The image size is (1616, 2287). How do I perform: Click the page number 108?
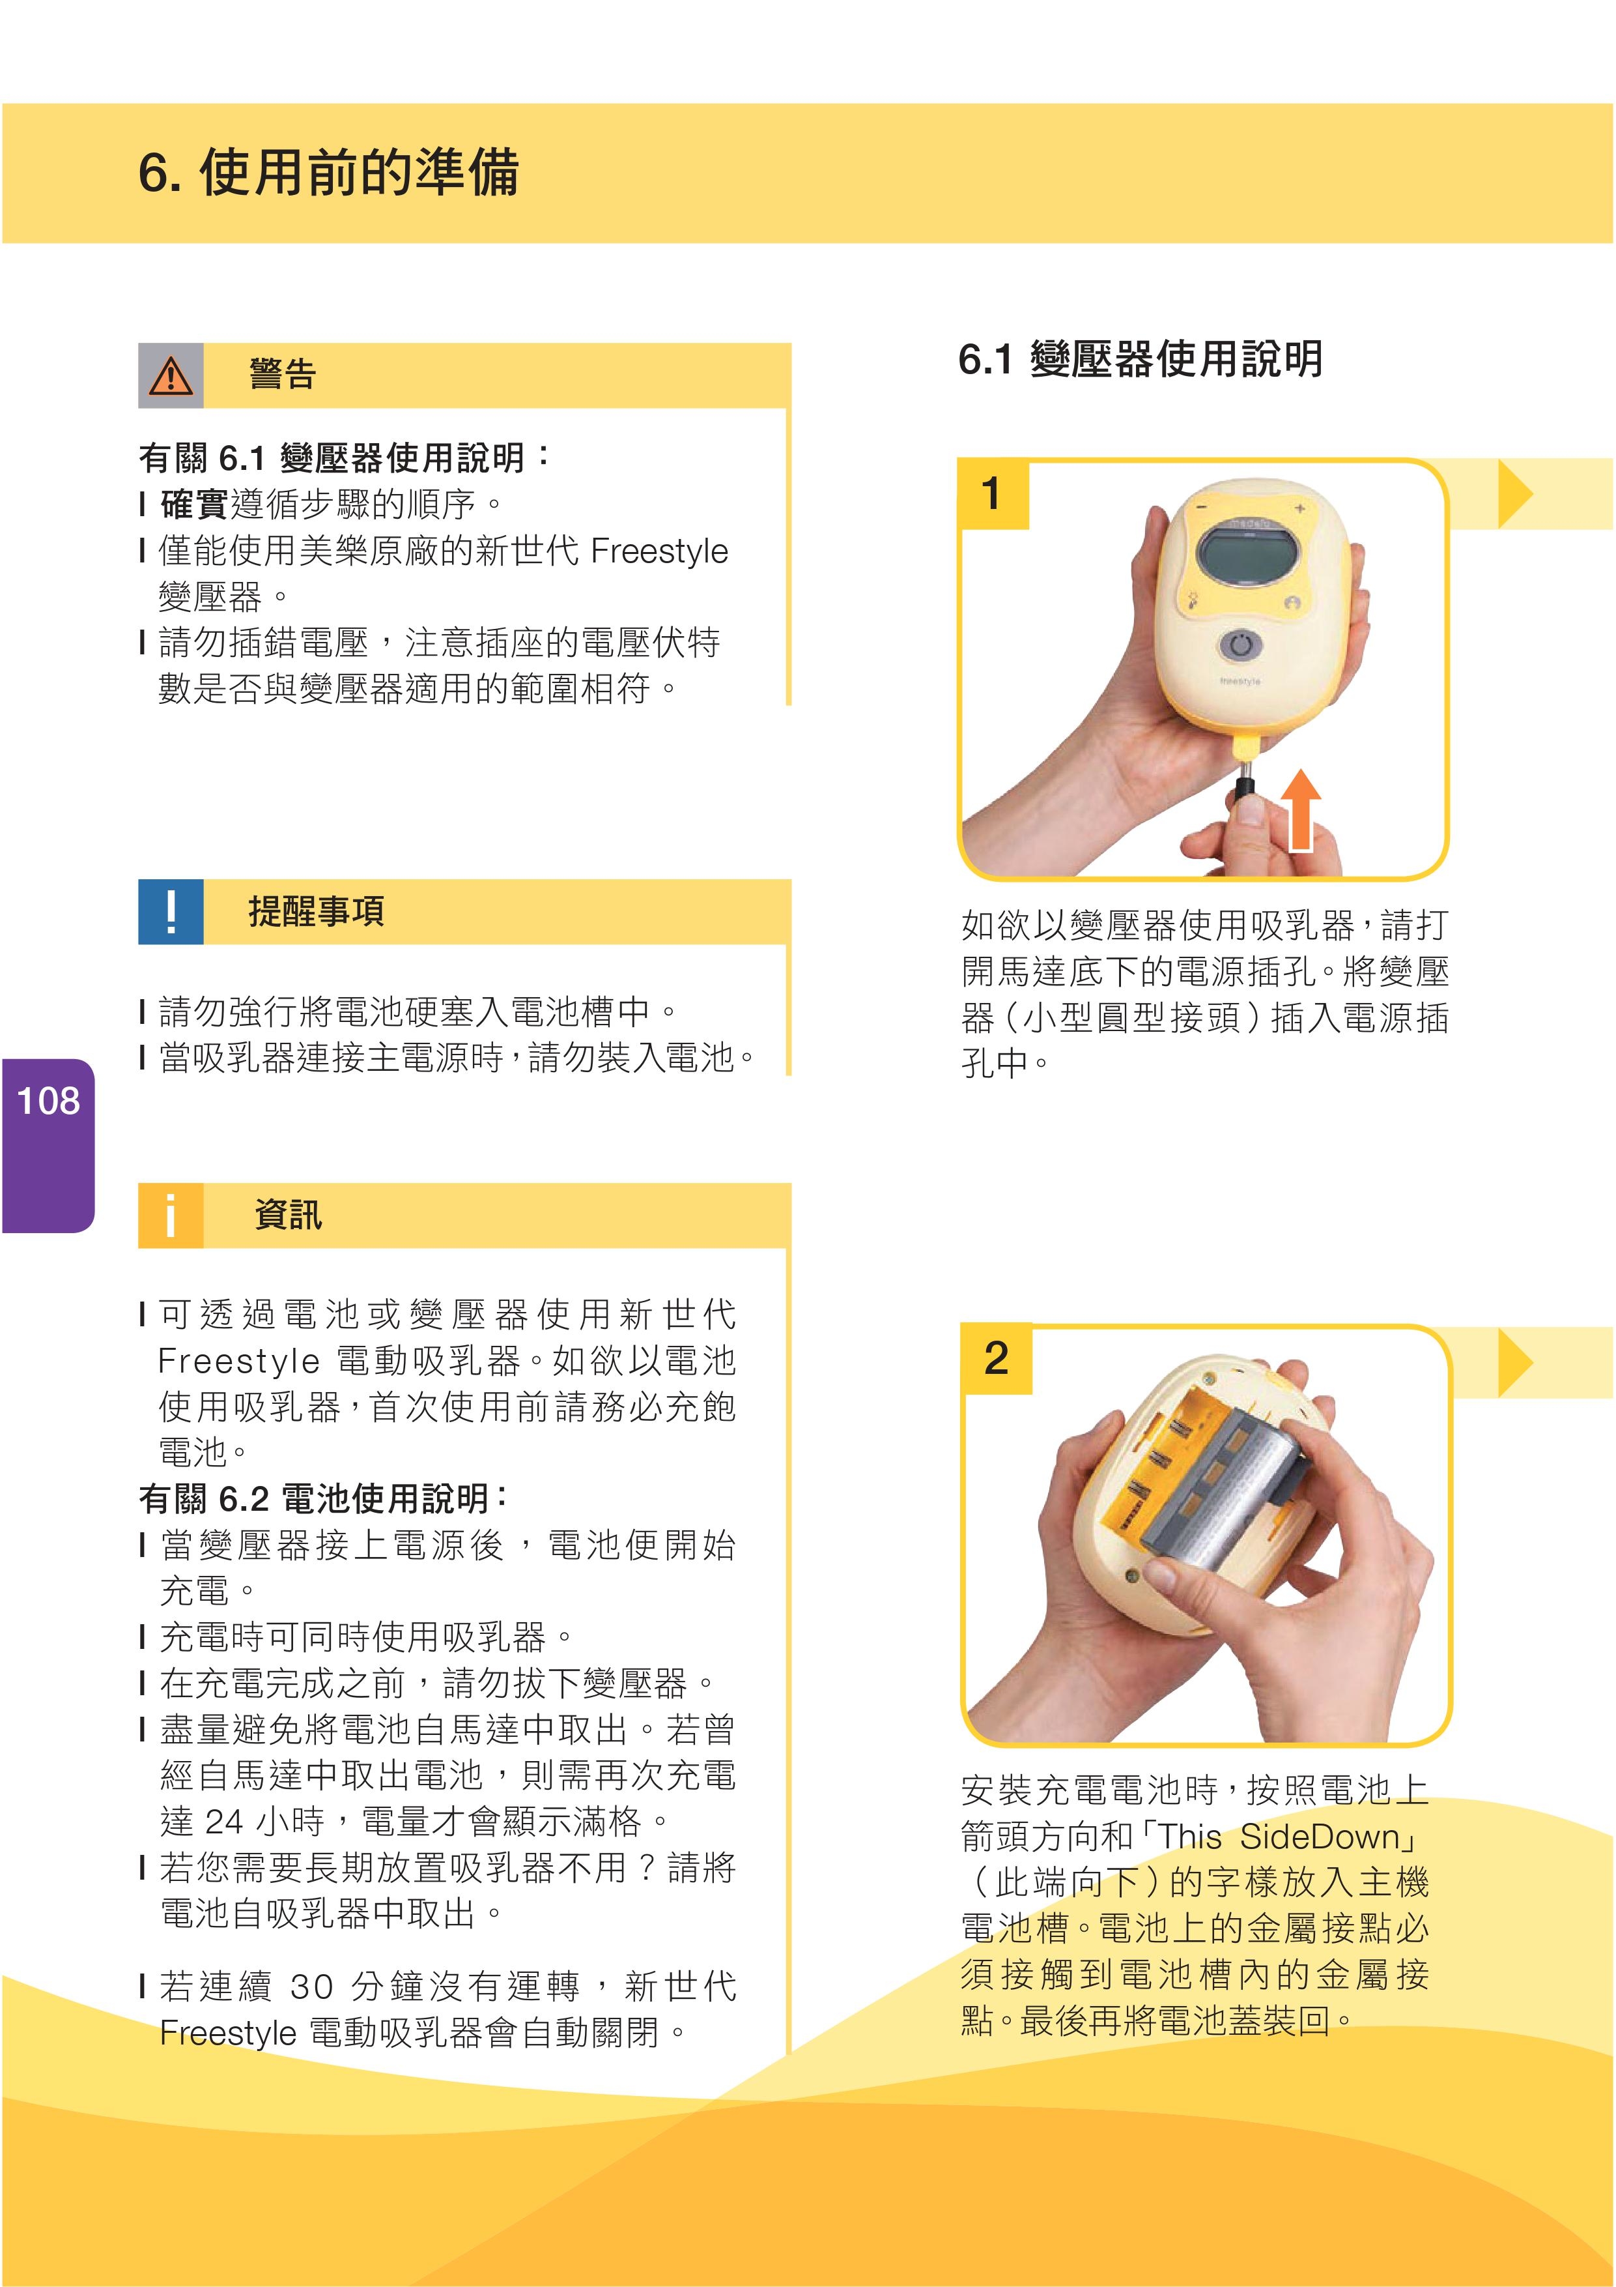[48, 1101]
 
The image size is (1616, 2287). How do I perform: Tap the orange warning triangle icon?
[170, 375]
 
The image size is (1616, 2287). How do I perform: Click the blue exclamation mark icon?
[170, 911]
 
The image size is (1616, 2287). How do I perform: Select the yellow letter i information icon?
[170, 1216]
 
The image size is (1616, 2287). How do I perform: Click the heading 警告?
[283, 375]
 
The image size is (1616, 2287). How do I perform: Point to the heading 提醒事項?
[317, 910]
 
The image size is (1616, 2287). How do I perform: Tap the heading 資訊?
[289, 1214]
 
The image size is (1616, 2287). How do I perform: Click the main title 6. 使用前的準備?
[328, 172]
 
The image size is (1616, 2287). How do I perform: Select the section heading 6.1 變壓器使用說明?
[1140, 358]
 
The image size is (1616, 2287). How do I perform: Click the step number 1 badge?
[992, 494]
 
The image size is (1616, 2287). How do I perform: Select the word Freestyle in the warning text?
[659, 551]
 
